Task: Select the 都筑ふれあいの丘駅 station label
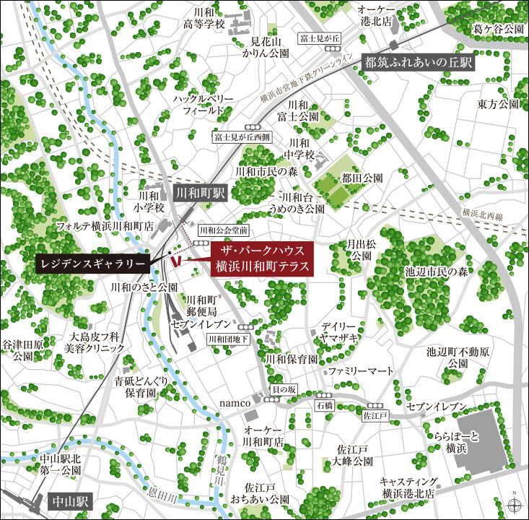[x=418, y=63]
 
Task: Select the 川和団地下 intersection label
[x=227, y=338]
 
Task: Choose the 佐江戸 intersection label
[x=375, y=416]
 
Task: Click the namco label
[x=235, y=402]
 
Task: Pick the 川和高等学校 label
[x=204, y=19]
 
